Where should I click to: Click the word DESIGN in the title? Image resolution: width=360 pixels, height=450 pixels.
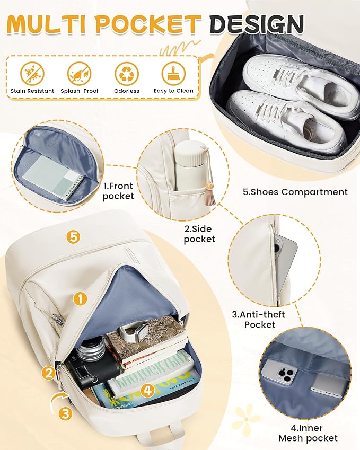pos(257,23)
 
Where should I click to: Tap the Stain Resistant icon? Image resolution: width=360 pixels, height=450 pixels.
pos(32,74)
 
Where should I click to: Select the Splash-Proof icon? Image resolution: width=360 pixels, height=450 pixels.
pos(79,74)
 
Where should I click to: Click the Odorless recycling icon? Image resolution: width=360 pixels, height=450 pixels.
pos(127,74)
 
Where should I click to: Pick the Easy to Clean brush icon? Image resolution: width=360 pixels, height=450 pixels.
pos(173,74)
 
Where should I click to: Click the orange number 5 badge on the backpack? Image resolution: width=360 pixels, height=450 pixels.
pos(74,237)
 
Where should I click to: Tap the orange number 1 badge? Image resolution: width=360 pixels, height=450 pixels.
pos(80,298)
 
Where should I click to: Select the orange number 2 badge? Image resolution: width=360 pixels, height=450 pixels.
pos(48,373)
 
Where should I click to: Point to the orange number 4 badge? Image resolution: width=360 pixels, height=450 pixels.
pos(148,390)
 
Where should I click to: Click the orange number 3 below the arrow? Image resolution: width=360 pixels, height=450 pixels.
pos(66,413)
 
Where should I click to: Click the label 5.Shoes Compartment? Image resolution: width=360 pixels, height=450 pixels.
pos(295,192)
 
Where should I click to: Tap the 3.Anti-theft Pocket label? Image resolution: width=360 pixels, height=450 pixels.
pos(258,320)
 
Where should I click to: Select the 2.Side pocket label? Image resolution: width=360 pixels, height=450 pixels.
pos(199,234)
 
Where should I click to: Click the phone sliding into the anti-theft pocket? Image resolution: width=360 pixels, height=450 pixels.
pos(285,258)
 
